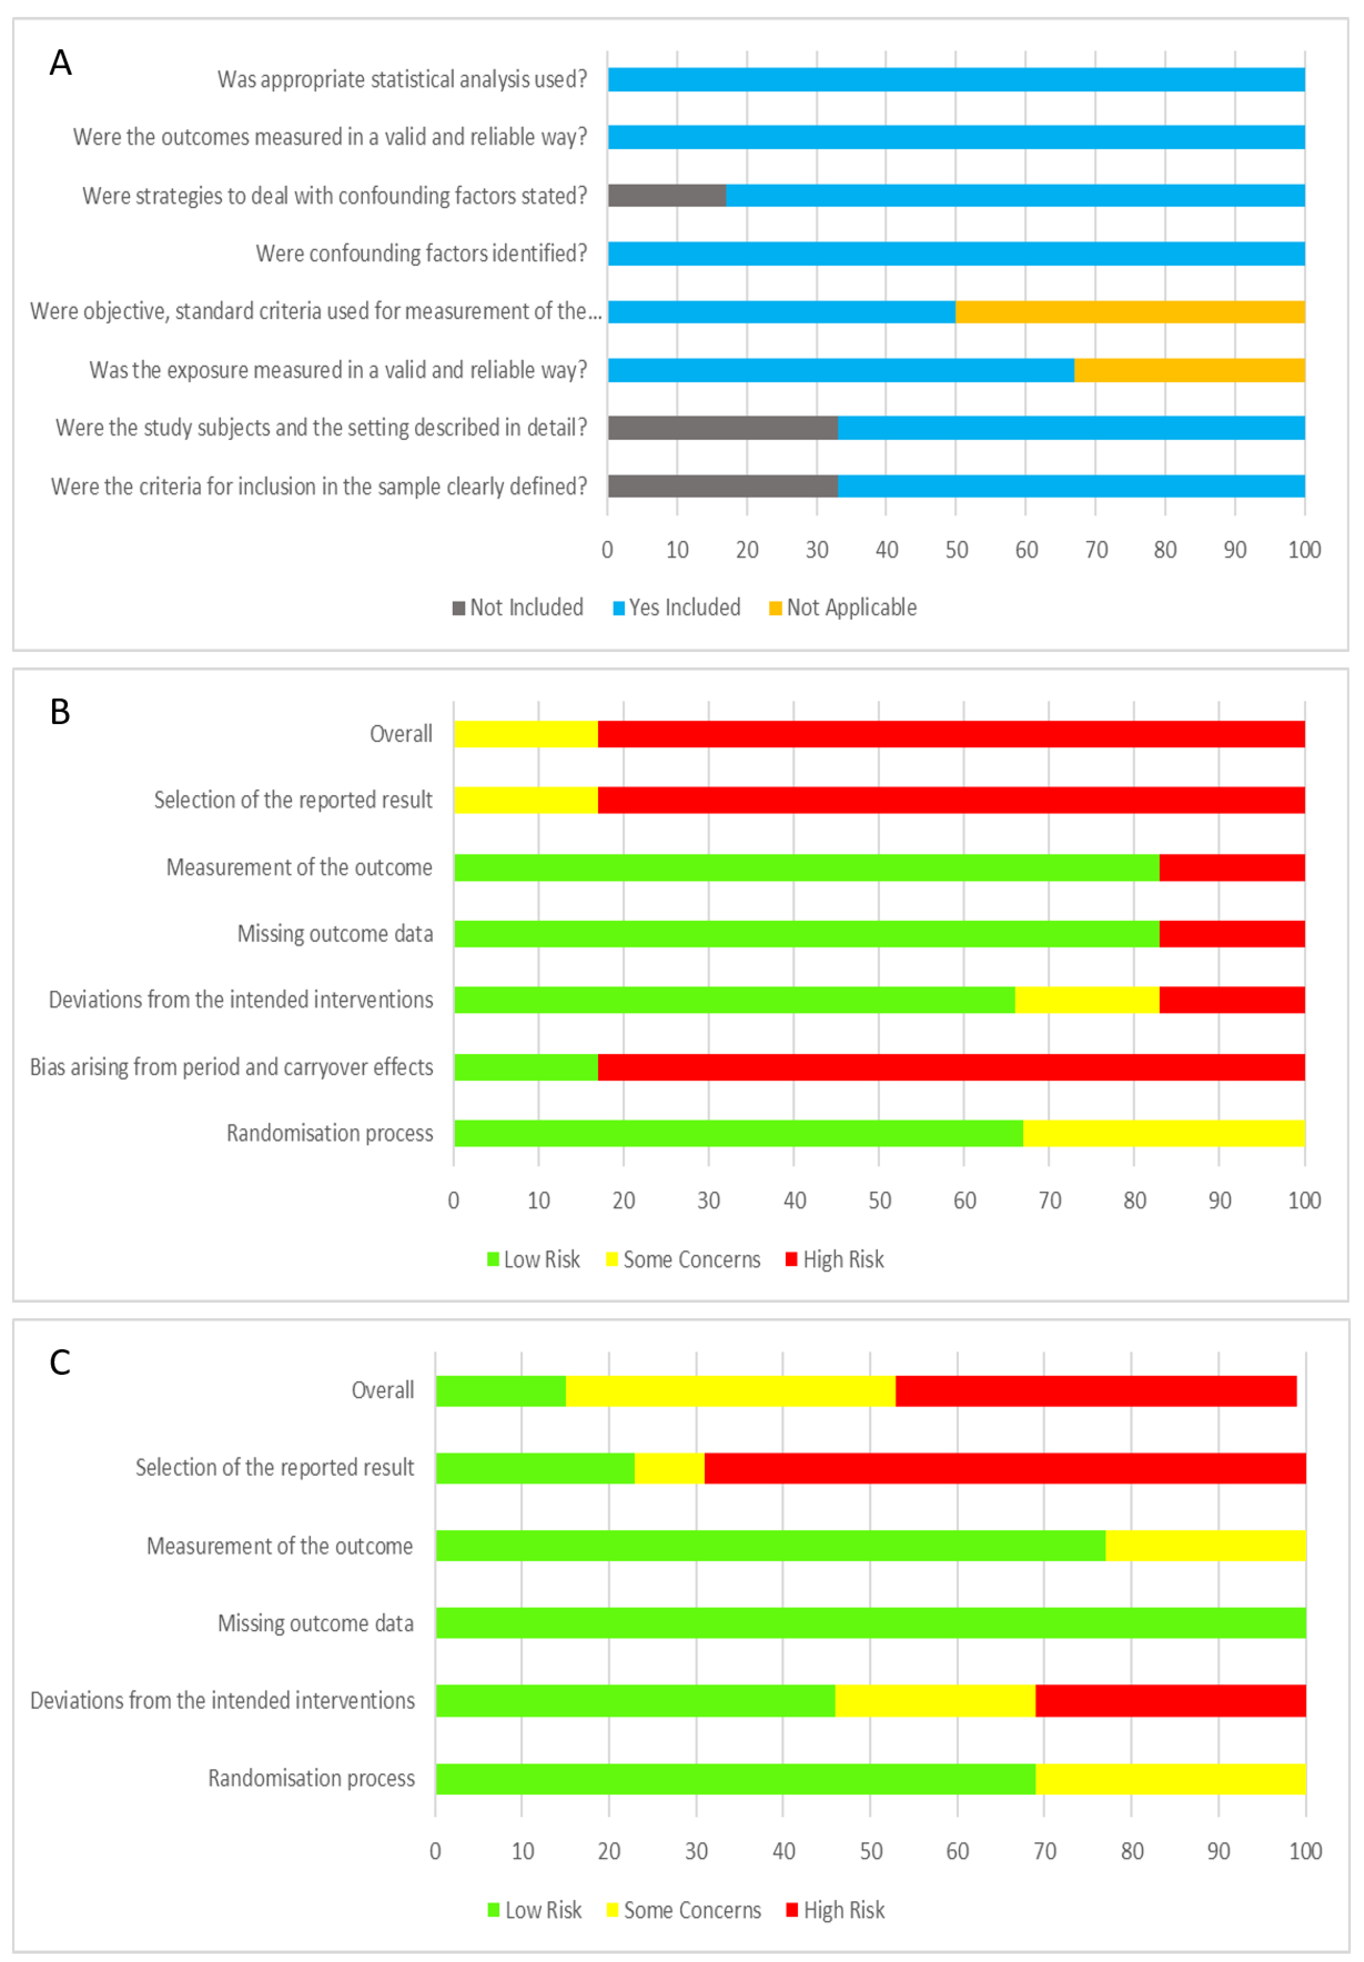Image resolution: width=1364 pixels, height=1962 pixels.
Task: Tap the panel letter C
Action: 60,1362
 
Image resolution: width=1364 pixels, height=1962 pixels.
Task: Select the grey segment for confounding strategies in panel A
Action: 667,196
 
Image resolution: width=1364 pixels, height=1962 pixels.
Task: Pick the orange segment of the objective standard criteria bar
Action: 1130,312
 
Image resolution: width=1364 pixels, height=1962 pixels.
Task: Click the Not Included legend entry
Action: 518,608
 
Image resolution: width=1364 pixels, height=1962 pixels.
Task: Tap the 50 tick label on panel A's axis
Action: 956,550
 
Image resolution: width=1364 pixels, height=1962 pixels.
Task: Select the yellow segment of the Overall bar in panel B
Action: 526,734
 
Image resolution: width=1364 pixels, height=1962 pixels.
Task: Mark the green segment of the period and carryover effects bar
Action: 526,1067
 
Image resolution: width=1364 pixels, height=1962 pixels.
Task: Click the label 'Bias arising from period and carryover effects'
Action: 231,1067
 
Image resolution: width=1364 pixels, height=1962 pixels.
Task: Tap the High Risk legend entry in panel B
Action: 835,1260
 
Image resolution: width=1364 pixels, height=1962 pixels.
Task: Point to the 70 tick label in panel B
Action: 1049,1201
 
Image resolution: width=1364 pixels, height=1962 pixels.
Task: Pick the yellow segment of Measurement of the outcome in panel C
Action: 1205,1546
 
